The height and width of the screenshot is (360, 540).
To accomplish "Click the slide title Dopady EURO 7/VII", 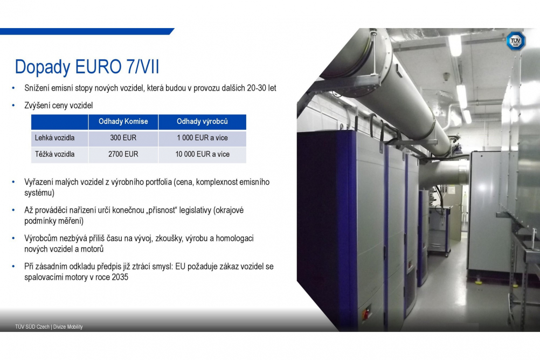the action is (x=87, y=67).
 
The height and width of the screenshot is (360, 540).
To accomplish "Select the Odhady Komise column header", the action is (x=123, y=122).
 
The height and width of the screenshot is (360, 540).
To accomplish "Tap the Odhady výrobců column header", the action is (x=202, y=122).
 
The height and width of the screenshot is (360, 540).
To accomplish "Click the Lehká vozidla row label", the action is (x=54, y=138).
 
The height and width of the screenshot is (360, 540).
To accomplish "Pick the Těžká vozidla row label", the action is (x=54, y=154).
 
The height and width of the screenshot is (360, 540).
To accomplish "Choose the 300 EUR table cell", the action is (x=123, y=138).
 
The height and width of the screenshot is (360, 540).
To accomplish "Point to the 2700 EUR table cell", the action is (x=123, y=154).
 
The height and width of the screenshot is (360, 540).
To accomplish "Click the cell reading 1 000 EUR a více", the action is (x=203, y=138).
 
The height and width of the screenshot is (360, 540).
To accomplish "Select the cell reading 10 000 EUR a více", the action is (x=203, y=154).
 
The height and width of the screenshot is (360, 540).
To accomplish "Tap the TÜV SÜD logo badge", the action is (x=516, y=41).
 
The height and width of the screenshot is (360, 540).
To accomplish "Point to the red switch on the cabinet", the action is (x=366, y=314).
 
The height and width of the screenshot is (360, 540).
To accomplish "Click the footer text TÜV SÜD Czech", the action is (x=32, y=327).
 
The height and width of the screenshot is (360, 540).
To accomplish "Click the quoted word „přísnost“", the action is (x=161, y=210).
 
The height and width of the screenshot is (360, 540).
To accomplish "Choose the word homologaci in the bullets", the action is (x=234, y=238).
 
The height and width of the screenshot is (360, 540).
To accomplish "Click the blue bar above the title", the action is (x=87, y=31).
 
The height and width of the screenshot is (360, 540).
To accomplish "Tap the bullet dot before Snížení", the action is (x=13, y=88).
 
